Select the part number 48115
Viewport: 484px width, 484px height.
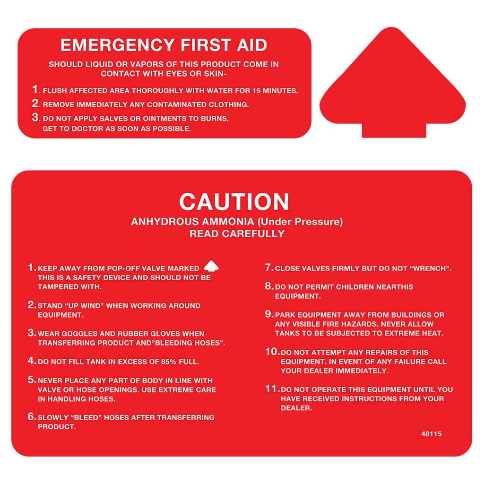431,434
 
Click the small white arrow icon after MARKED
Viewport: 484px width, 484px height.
211,266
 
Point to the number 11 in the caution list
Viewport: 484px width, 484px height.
272,389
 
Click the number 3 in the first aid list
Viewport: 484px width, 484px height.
36,117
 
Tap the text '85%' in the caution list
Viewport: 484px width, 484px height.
169,362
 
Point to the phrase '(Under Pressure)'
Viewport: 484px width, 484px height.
300,222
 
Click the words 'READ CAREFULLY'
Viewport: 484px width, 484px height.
237,233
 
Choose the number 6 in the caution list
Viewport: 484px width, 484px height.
32,417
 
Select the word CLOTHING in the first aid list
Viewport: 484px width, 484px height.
228,104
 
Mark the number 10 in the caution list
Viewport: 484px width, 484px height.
272,352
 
